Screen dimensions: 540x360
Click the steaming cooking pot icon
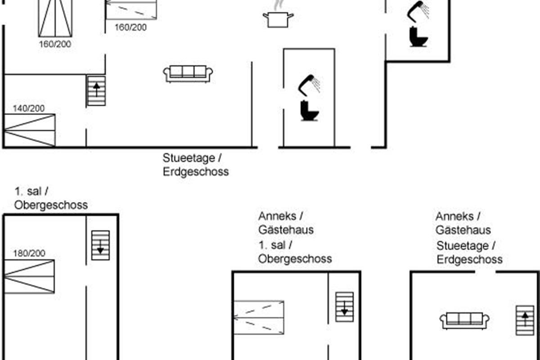point(278,17)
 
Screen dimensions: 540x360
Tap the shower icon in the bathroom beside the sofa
point(309,85)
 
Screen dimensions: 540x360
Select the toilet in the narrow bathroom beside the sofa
point(309,111)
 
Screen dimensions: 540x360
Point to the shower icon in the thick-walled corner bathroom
point(418,12)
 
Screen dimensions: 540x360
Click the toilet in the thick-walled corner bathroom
point(418,37)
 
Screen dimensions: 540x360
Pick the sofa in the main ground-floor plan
point(188,74)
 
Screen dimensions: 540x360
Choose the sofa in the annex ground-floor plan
point(464,321)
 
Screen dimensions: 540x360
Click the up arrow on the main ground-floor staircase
point(96,90)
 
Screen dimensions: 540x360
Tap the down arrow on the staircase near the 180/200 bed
point(100,247)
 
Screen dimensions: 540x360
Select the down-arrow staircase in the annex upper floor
point(345,307)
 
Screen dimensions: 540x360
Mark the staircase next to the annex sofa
point(525,320)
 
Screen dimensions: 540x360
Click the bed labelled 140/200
point(30,130)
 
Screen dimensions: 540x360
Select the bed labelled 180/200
point(29,276)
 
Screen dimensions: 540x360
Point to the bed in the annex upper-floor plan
point(259,318)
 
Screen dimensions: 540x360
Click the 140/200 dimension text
point(29,108)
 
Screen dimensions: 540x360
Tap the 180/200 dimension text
point(29,253)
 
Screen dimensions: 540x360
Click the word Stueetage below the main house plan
point(189,158)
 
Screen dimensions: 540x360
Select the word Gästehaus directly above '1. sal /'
point(286,230)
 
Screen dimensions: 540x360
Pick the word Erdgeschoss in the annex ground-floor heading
point(470,260)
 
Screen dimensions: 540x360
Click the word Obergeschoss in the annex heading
point(295,259)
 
